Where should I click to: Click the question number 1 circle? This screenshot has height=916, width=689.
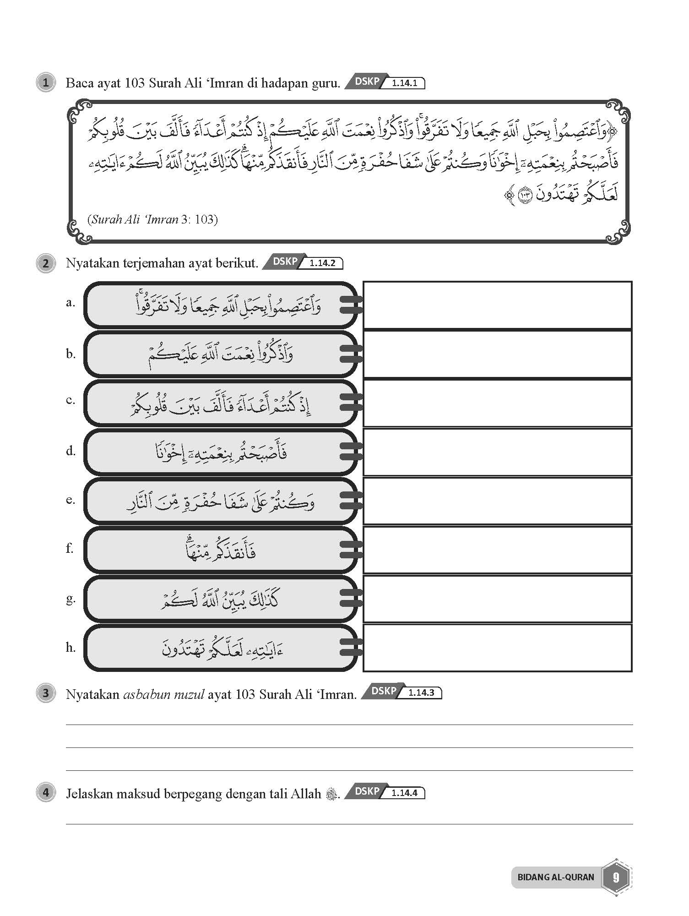pos(45,83)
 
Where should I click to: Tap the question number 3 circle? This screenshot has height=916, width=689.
pos(45,693)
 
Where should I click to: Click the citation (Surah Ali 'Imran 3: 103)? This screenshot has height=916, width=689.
pos(152,219)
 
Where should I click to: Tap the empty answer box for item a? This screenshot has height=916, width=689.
pos(497,305)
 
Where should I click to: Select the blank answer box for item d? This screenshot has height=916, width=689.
pos(497,452)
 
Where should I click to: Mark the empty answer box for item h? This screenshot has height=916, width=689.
pos(497,648)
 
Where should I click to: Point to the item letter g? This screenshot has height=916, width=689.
pos(70,598)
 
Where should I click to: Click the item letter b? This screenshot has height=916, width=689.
pos(70,354)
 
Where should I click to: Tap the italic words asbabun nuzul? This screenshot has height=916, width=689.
pos(163,694)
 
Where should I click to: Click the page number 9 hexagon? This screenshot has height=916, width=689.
pos(616,877)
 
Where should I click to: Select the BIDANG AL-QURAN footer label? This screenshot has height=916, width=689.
pos(555,877)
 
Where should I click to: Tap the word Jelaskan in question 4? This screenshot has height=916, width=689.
pos(89,794)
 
